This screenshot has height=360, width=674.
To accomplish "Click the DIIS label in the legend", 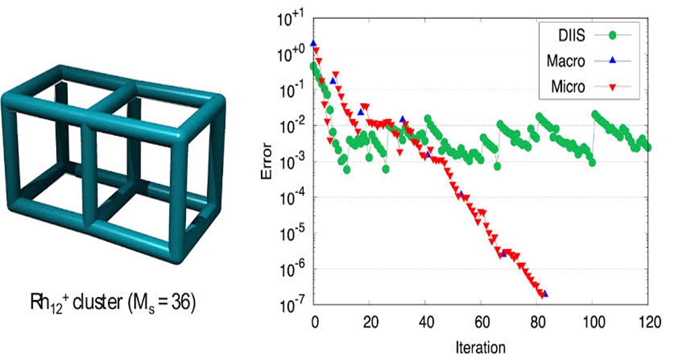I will coord(571,35).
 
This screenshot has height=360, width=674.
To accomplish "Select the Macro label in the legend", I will coord(566,61).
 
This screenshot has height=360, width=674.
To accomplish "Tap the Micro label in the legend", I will coord(568,87).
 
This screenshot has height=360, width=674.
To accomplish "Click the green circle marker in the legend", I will coord(612,35).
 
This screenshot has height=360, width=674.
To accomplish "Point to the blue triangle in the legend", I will coord(612,60).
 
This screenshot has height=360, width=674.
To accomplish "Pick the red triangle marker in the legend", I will coord(612,88).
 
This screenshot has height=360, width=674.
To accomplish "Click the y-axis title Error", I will coord(267,161).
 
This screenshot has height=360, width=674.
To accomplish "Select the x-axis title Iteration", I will coord(480,347).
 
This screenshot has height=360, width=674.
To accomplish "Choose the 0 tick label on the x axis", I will coord(314,322).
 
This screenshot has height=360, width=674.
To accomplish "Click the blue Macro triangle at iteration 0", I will coord(313,44).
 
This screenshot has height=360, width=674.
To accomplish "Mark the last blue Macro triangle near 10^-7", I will coord(545,293).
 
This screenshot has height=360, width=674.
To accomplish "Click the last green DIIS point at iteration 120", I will coord(648,147).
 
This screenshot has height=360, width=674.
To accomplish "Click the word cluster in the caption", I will coord(97,303).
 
